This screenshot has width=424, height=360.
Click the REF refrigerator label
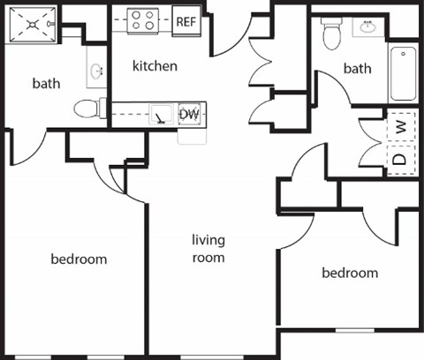[185, 21]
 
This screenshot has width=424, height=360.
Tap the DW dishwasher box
[189, 114]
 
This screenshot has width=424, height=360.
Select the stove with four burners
[141, 20]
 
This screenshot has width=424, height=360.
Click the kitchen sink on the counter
[160, 114]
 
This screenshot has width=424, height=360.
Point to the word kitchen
[155, 66]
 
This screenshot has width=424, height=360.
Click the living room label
[209, 249]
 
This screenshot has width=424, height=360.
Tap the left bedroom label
[79, 259]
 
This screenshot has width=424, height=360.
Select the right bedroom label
[349, 273]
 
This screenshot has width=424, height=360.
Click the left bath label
[46, 85]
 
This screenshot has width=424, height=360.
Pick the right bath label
[358, 68]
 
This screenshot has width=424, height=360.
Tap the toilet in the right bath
[332, 34]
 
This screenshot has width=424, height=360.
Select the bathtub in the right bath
[403, 74]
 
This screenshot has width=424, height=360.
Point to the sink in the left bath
[95, 71]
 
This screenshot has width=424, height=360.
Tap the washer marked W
[401, 127]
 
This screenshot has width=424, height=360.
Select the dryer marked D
[401, 160]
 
